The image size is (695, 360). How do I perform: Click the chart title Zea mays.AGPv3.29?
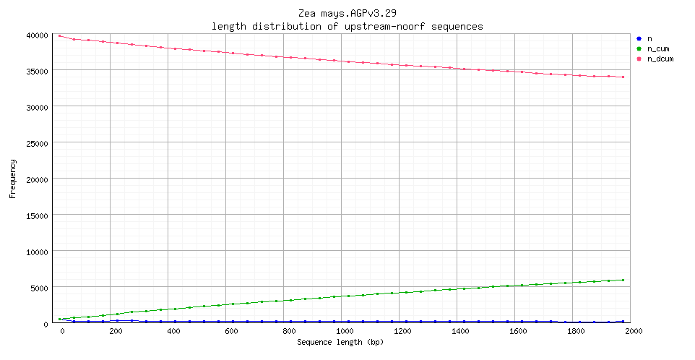pyautogui.click(x=347, y=14)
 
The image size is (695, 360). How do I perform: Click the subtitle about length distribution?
pyautogui.click(x=347, y=26)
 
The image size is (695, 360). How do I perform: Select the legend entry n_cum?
pyautogui.click(x=657, y=48)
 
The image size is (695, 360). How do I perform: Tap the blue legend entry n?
pyautogui.click(x=649, y=38)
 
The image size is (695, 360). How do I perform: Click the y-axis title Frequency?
pyautogui.click(x=12, y=179)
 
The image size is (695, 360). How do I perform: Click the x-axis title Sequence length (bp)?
pyautogui.click(x=340, y=341)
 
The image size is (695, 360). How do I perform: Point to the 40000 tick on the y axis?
pyautogui.click(x=36, y=35)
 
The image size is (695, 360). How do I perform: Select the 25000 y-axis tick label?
pyautogui.click(x=36, y=143)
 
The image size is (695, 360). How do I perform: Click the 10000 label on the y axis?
pyautogui.click(x=36, y=252)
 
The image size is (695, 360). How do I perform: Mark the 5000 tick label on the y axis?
pyautogui.click(x=38, y=288)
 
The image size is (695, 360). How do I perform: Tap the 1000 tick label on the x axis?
pyautogui.click(x=346, y=331)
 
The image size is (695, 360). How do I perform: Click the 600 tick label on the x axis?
pyautogui.click(x=231, y=331)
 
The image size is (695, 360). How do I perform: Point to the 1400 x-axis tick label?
pyautogui.click(x=461, y=331)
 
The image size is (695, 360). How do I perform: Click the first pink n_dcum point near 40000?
pyautogui.click(x=59, y=35)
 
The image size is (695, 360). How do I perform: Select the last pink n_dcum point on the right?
pyautogui.click(x=623, y=77)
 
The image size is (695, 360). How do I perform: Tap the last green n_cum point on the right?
pyautogui.click(x=623, y=280)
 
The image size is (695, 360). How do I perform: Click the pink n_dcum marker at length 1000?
pyautogui.click(x=348, y=61)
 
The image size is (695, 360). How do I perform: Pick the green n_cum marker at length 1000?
pyautogui.click(x=348, y=296)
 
